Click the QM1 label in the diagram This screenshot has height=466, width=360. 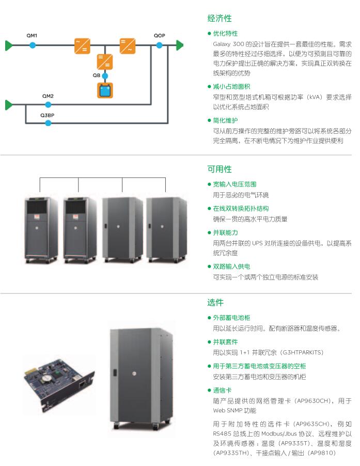click(32, 35)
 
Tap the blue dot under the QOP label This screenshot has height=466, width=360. click(159, 45)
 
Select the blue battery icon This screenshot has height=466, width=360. click(105, 91)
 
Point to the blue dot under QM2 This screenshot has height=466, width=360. click(48, 105)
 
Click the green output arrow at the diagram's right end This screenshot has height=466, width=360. click(179, 45)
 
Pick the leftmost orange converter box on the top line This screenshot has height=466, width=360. click(82, 45)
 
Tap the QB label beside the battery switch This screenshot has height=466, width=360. click(96, 75)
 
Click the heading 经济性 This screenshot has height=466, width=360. click(220, 19)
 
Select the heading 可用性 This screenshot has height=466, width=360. click(220, 169)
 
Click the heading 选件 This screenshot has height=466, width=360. click(215, 302)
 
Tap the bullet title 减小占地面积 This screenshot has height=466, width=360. click(231, 86)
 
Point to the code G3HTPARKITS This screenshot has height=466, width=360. click(301, 352)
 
